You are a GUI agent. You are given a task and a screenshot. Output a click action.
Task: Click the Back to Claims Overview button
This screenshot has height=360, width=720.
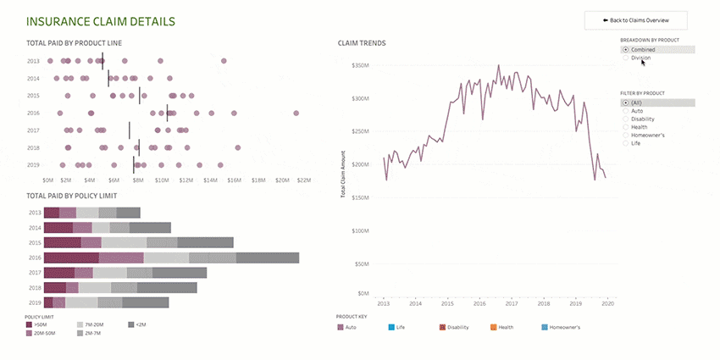pyautogui.click(x=635, y=20)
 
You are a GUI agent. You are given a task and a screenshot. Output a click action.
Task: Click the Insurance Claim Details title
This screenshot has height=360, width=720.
pyautogui.click(x=101, y=20)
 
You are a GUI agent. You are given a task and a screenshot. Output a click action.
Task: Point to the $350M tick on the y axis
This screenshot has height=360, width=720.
pyautogui.click(x=360, y=65)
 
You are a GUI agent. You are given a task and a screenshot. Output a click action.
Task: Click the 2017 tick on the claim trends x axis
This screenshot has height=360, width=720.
pyautogui.click(x=512, y=302)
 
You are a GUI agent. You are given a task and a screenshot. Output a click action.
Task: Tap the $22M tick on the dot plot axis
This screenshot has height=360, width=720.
pyautogui.click(x=303, y=180)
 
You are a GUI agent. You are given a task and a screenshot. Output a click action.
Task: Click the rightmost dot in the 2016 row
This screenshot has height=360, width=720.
pyautogui.click(x=296, y=113)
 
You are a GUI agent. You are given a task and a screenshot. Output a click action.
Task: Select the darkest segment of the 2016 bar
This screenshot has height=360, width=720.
pyautogui.click(x=71, y=258)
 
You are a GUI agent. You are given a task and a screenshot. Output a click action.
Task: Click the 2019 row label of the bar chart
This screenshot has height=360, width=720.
pyautogui.click(x=34, y=302)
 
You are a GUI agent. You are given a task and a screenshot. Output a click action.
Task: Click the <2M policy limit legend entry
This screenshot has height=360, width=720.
pyautogui.click(x=141, y=324)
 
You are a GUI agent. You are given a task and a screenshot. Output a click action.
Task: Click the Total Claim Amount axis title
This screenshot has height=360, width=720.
pyautogui.click(x=343, y=179)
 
